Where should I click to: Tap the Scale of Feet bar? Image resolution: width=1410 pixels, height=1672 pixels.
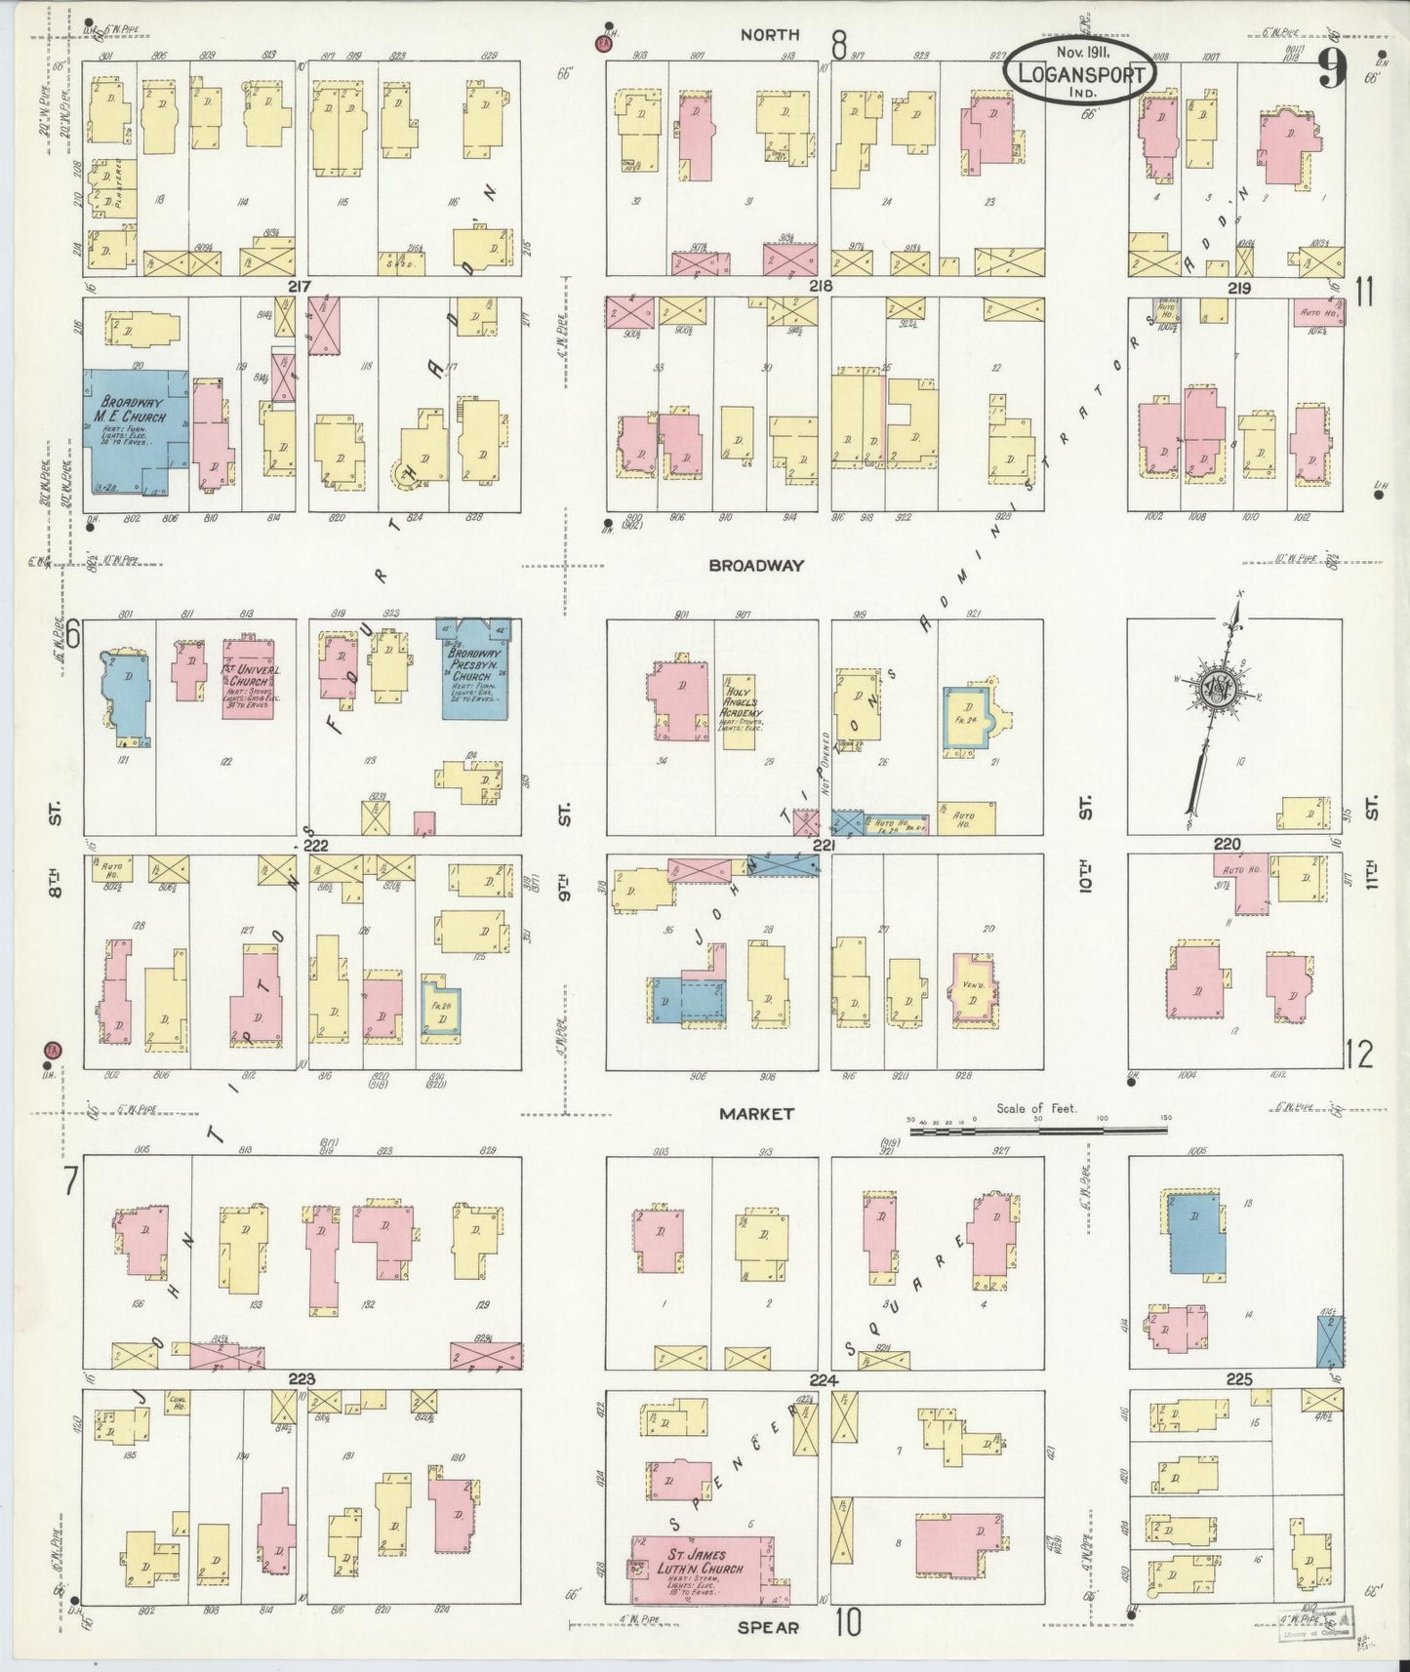point(1038,1130)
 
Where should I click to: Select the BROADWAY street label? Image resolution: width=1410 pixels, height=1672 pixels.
point(756,565)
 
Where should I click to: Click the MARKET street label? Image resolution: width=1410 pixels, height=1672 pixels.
point(756,1113)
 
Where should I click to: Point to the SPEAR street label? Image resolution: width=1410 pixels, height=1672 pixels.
point(768,1627)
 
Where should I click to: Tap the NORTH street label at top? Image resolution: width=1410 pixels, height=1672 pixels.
point(769,35)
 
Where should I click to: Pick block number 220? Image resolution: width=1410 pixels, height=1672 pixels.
point(1227,844)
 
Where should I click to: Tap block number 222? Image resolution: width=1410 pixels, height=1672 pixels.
point(314,845)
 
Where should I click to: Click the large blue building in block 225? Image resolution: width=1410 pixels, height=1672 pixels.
point(1196,1232)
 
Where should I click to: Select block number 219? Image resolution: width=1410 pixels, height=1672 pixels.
point(1239,289)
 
